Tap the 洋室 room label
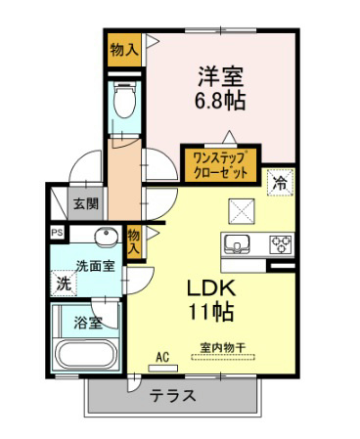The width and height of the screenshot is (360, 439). [221, 77]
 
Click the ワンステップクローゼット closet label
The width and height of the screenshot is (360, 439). [220, 165]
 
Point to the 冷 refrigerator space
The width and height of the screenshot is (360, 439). [280, 183]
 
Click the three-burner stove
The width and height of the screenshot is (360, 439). [281, 244]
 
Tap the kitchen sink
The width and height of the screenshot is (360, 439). [237, 244]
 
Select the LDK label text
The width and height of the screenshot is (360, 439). [210, 287]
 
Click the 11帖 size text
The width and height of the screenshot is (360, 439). [211, 312]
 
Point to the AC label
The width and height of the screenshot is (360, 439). [162, 357]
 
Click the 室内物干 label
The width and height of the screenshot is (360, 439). [223, 348]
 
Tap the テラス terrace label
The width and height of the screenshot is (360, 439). [173, 396]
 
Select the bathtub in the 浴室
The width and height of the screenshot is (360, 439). [86, 355]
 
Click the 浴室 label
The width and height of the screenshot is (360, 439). [88, 323]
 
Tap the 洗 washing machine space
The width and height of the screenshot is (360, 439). [64, 284]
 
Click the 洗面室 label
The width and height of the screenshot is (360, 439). [95, 266]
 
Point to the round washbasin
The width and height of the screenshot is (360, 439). [107, 236]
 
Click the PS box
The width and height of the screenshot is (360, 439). [58, 233]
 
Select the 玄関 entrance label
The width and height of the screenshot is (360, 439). [86, 204]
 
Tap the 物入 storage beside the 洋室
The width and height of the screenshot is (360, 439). [124, 50]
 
